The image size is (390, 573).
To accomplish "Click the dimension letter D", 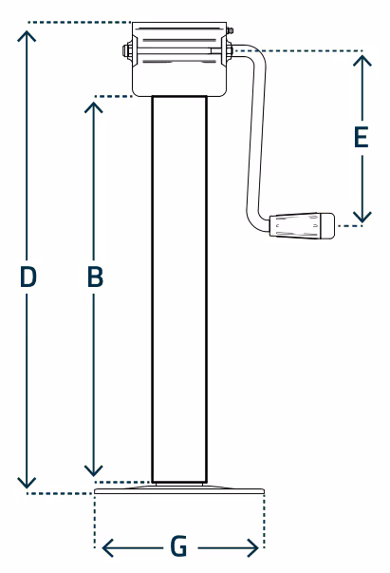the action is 28,277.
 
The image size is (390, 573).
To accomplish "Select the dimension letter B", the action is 95,277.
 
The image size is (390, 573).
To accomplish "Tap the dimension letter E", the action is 362,138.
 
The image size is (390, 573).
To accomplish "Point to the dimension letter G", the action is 178,546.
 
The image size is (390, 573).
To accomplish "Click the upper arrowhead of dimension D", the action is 27,35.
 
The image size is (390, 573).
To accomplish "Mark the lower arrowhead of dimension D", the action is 27,483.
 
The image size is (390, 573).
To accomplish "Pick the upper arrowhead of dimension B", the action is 94,106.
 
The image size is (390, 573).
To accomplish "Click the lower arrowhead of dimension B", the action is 94,471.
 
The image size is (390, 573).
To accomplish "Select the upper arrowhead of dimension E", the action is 362,60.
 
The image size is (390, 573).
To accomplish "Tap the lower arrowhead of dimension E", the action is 362,217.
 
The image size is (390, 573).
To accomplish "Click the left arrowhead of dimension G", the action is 107,547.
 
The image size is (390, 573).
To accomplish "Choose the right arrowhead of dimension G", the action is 253,547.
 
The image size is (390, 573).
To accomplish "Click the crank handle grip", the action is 302,226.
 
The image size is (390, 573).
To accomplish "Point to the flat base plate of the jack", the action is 179,489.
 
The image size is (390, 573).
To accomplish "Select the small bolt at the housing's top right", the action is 230,30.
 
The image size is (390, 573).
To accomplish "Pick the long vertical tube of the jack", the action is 179,289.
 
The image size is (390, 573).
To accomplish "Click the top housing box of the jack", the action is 179,59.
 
